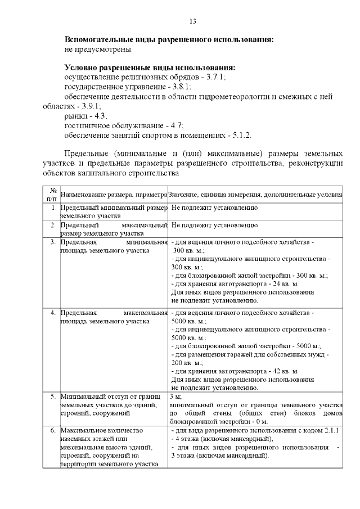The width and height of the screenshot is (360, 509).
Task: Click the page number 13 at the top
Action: tap(192, 21)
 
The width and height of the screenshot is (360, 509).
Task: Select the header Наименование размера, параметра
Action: tap(114, 195)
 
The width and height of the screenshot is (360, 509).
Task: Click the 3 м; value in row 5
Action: tap(175, 396)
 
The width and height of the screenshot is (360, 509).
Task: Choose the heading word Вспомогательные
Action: tap(100, 40)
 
